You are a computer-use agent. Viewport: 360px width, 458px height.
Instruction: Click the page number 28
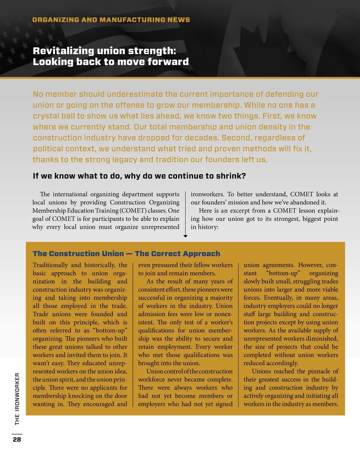17,439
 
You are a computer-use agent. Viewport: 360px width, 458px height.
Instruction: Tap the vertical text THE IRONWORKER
17,399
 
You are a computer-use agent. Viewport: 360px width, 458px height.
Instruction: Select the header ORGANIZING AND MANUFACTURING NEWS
111,20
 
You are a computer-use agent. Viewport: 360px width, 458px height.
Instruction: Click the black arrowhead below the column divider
185,236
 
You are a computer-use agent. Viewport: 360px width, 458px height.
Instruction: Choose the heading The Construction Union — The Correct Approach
126,254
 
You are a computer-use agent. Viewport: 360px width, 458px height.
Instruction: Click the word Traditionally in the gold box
50,265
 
